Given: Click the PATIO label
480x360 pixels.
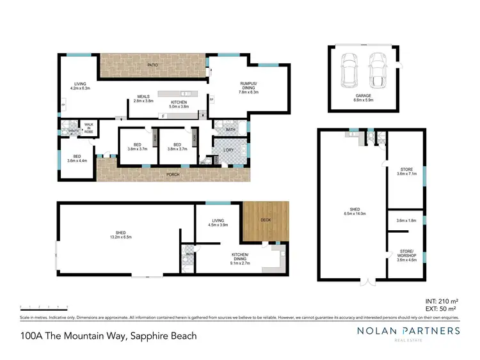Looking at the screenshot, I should pos(153,65).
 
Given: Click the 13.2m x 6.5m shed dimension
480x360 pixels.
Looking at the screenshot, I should pos(116,236).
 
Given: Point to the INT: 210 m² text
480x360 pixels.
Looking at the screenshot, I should pos(441,301).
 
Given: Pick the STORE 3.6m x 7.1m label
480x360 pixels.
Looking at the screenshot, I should pos(407,171).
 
